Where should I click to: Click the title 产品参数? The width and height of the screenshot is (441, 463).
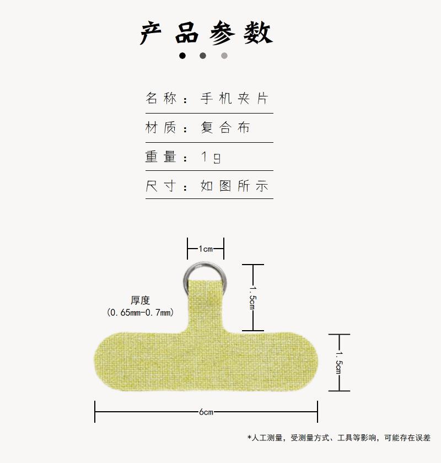206,33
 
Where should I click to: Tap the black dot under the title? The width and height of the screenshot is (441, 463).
182,56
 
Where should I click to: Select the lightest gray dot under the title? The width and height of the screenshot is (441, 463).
224,56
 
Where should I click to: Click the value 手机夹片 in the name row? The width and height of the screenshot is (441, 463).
234,98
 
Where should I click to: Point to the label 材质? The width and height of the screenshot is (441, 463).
160,127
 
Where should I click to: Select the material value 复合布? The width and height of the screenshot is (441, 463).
225,127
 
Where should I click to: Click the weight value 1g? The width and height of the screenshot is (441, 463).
211,157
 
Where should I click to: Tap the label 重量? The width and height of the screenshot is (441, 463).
160,157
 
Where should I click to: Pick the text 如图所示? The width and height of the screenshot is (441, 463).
234,186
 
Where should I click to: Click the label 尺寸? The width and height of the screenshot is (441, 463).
160,186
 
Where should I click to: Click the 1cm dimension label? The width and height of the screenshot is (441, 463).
206,249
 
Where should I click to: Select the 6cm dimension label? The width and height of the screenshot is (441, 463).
206,412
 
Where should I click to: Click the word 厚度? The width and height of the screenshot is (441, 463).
141,300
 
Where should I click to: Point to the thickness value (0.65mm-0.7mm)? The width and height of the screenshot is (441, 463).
141,312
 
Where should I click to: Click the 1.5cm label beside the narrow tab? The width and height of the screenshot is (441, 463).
252,298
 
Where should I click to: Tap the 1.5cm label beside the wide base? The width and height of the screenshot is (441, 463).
339,362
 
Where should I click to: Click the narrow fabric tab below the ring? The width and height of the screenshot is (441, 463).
206,304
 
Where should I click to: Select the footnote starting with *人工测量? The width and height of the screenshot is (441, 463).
339,438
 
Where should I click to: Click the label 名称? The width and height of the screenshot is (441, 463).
160,98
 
